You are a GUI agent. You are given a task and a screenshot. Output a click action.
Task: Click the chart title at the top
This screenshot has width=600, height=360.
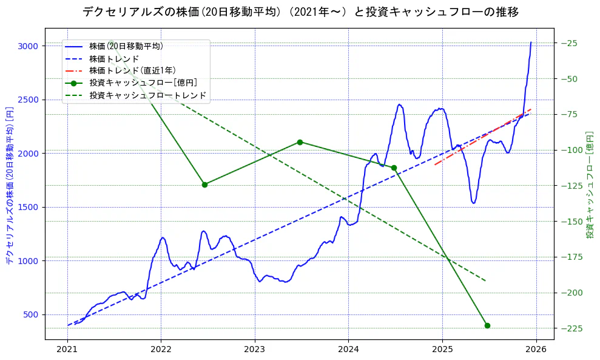(300, 12)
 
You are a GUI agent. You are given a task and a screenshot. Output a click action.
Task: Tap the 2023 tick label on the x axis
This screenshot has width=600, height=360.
(255, 350)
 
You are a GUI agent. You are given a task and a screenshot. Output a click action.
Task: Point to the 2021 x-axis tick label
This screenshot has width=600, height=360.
(67, 350)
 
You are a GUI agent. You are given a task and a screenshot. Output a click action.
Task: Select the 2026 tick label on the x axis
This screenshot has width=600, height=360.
(536, 350)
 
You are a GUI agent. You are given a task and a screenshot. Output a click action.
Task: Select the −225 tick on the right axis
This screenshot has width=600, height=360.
(571, 328)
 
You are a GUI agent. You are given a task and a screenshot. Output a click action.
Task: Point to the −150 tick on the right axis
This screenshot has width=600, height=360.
(571, 222)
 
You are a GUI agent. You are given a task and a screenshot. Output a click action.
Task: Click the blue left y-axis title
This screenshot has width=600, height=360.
(10, 186)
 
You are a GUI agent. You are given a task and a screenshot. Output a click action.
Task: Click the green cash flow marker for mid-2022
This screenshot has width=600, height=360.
(204, 185)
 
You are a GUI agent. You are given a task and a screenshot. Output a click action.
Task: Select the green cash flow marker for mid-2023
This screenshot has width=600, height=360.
(300, 142)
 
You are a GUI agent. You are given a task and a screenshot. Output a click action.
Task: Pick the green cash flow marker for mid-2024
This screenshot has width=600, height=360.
(394, 168)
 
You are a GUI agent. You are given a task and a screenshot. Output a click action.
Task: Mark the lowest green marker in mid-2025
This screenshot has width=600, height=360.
(487, 325)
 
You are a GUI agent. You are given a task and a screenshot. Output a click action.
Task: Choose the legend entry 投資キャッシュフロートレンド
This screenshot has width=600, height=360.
(147, 95)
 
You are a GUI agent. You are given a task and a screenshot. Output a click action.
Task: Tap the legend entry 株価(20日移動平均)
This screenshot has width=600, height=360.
(126, 46)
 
